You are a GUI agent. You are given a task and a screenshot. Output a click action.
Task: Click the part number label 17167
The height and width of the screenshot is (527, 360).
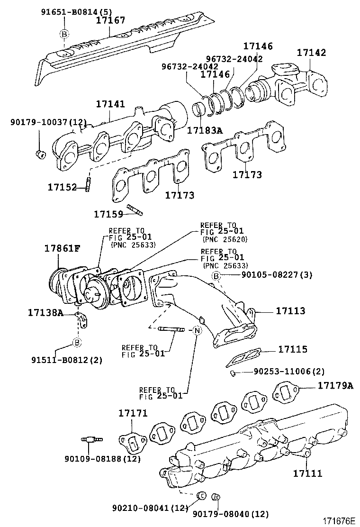(111, 20)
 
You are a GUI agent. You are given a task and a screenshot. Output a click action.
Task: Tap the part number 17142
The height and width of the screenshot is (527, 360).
(311, 53)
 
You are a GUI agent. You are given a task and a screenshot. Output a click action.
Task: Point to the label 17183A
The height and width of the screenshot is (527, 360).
(204, 130)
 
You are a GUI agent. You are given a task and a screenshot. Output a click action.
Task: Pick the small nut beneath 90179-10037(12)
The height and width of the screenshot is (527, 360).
(40, 153)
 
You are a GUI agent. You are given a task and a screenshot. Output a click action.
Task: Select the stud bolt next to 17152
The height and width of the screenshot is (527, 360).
(88, 183)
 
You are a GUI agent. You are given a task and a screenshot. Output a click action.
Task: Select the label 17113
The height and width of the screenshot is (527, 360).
(290, 311)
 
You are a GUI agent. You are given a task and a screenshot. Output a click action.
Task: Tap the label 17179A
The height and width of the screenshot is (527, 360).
(335, 385)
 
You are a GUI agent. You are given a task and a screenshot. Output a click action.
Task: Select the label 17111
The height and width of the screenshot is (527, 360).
(307, 473)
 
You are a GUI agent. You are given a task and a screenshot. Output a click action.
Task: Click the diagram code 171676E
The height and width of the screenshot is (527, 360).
(339, 520)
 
